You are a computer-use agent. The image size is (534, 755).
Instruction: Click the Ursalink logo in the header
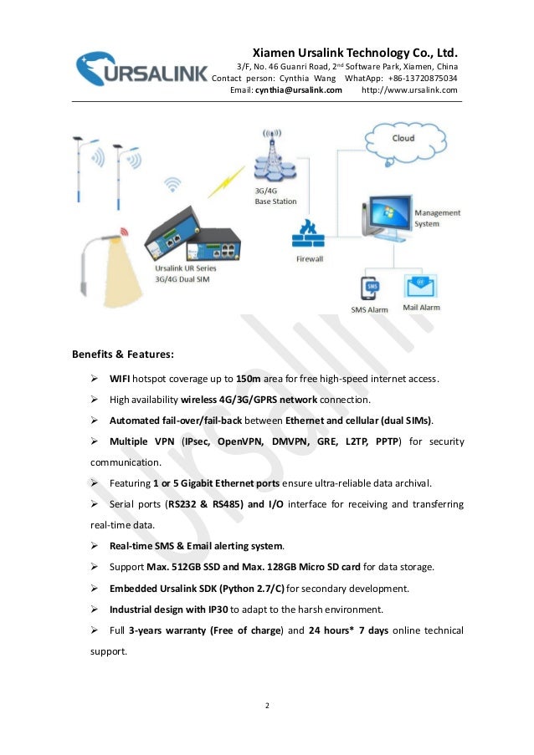click(x=140, y=69)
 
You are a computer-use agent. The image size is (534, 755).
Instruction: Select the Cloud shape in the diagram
click(x=404, y=138)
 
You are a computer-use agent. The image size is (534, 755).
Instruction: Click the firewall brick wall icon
click(x=309, y=237)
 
